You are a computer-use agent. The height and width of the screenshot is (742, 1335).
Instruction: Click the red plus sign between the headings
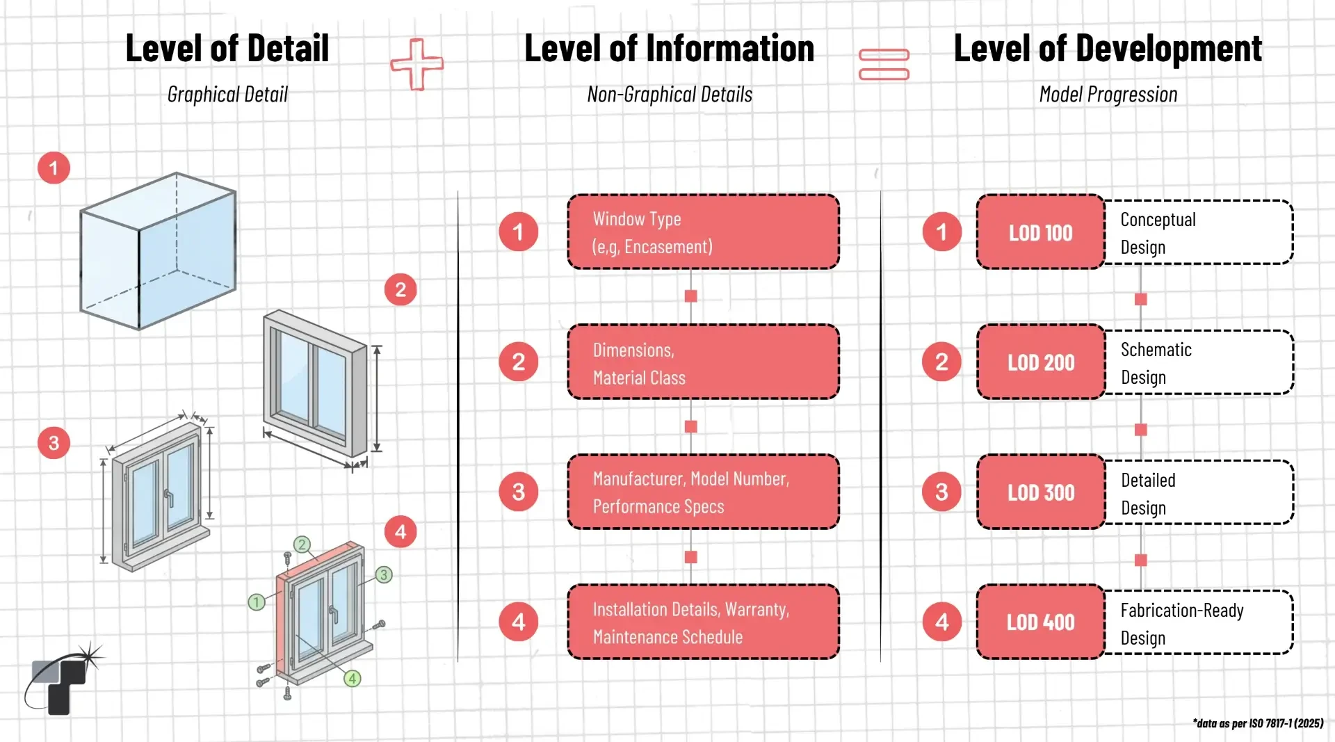click(x=417, y=64)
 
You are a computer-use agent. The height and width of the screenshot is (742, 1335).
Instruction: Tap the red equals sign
click(x=884, y=64)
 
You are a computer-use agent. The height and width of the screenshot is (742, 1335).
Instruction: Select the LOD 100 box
click(x=1040, y=232)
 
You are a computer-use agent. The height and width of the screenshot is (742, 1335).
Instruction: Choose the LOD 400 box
click(x=1040, y=622)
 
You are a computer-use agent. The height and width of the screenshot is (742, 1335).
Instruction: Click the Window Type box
click(x=703, y=232)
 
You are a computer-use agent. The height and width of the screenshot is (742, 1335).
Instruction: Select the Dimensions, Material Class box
click(x=703, y=362)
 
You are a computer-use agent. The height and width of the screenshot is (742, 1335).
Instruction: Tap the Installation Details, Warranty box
click(x=703, y=622)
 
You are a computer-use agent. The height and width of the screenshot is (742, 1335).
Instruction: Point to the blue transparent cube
click(x=159, y=250)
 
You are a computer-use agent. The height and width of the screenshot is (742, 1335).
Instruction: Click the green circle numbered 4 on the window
click(x=353, y=678)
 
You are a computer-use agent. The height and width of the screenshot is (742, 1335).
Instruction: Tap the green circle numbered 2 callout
click(x=302, y=545)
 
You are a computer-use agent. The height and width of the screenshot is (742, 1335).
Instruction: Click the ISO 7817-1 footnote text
click(x=1258, y=723)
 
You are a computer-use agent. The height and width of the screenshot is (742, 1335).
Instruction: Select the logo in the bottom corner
click(x=61, y=681)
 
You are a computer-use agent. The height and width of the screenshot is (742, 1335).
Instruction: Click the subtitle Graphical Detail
click(x=227, y=95)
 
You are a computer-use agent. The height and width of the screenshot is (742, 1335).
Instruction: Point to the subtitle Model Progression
click(x=1108, y=95)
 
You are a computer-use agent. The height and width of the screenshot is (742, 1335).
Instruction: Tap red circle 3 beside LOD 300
click(x=941, y=492)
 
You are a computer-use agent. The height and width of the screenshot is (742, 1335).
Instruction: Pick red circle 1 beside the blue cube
click(x=54, y=168)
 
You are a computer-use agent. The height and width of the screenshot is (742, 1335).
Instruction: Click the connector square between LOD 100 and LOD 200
click(x=1140, y=299)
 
